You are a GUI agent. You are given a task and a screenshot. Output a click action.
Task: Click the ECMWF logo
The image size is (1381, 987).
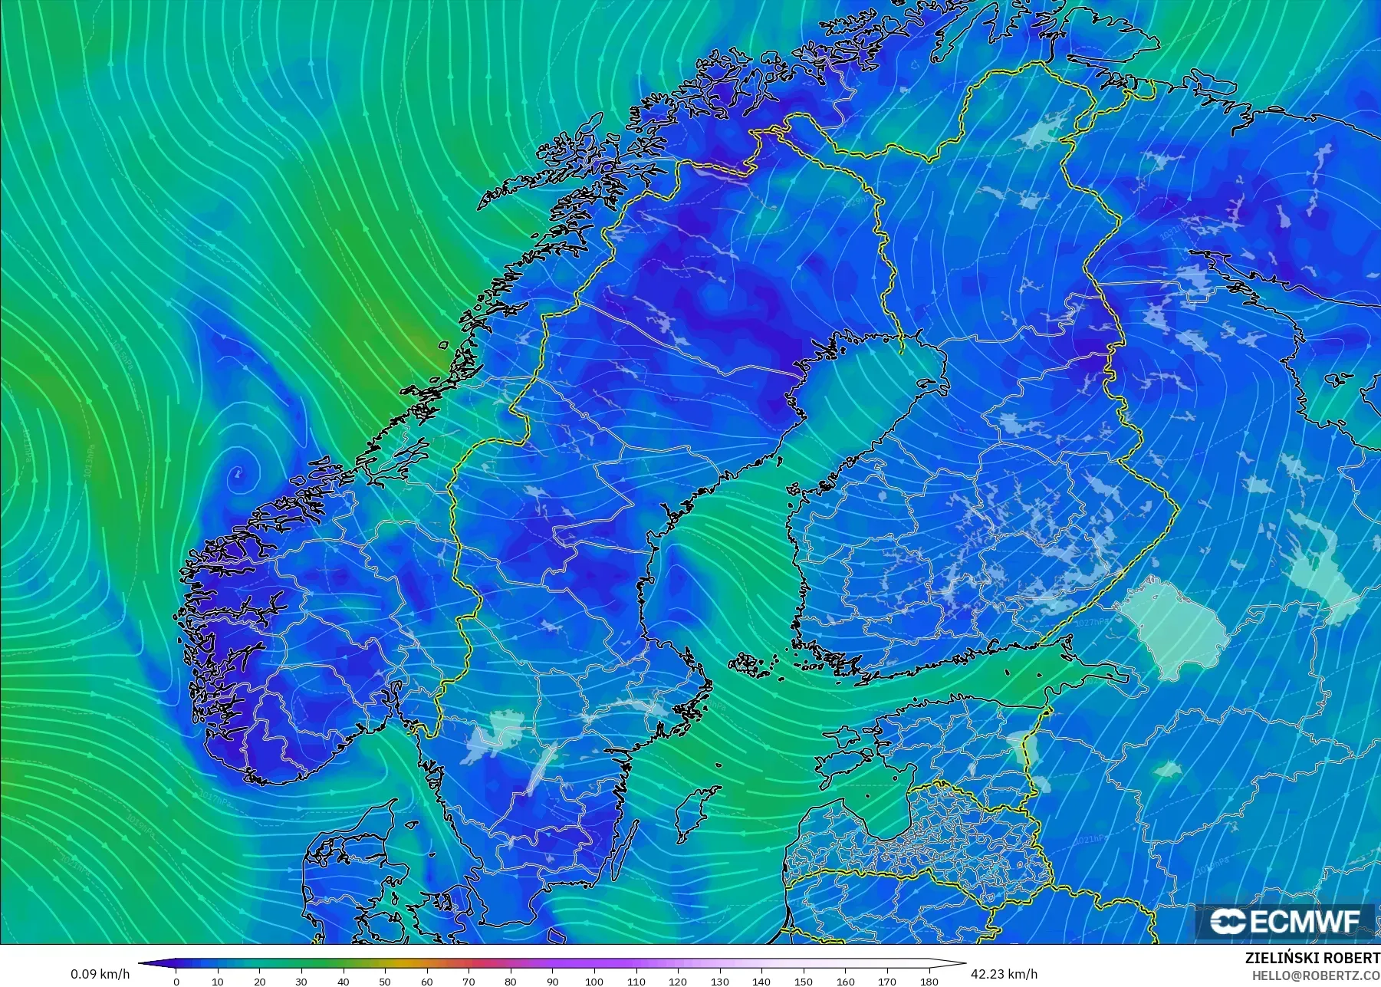click(x=1286, y=921)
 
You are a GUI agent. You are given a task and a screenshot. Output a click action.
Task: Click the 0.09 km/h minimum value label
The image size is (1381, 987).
click(x=100, y=974)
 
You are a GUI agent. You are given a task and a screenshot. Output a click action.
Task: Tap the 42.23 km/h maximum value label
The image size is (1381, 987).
click(x=1004, y=974)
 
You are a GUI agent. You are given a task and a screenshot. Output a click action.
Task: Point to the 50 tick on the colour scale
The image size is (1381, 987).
click(x=385, y=981)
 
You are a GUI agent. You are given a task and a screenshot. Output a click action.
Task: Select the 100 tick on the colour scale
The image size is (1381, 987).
click(x=594, y=981)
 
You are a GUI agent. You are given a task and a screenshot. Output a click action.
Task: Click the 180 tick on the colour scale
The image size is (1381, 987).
click(x=929, y=981)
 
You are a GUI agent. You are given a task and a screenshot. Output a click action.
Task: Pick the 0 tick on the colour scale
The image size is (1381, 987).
click(x=176, y=981)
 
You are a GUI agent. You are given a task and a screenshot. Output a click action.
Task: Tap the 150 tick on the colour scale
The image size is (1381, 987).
click(x=803, y=981)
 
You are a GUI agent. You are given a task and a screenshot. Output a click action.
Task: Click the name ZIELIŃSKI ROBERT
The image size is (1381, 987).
click(x=1312, y=958)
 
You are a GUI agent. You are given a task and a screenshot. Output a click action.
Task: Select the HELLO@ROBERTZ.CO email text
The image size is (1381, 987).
click(x=1316, y=975)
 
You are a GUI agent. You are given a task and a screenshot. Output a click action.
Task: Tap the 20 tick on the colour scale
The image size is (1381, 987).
click(x=260, y=981)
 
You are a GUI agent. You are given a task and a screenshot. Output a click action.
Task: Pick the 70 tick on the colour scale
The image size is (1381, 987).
click(x=469, y=981)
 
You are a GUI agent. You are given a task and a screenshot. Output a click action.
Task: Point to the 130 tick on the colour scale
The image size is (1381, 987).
click(x=719, y=981)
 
